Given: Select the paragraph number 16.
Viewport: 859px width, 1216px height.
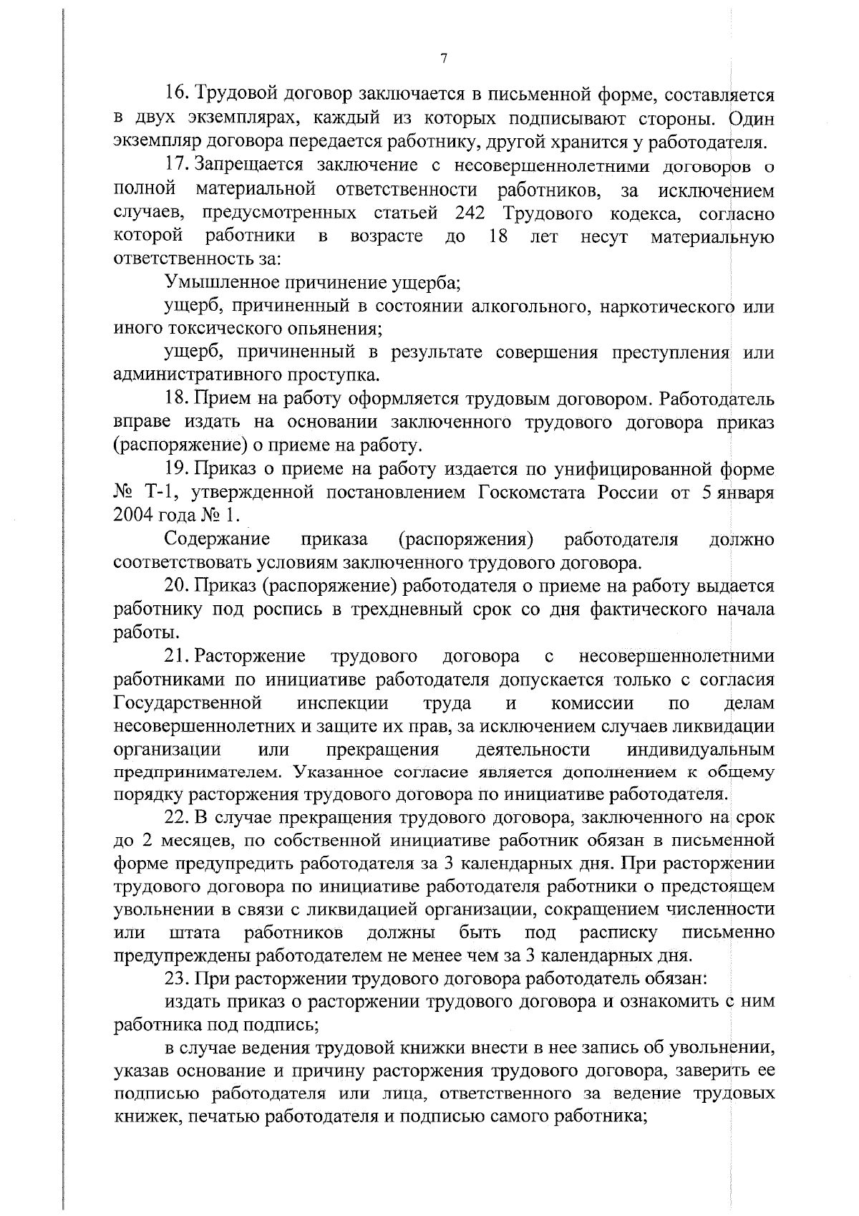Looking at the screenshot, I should tap(176, 95).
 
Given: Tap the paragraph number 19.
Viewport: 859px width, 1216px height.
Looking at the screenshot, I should tap(176, 470).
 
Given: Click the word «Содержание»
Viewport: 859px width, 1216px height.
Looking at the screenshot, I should tap(217, 539).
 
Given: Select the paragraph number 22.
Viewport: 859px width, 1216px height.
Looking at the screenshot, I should tap(176, 819).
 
